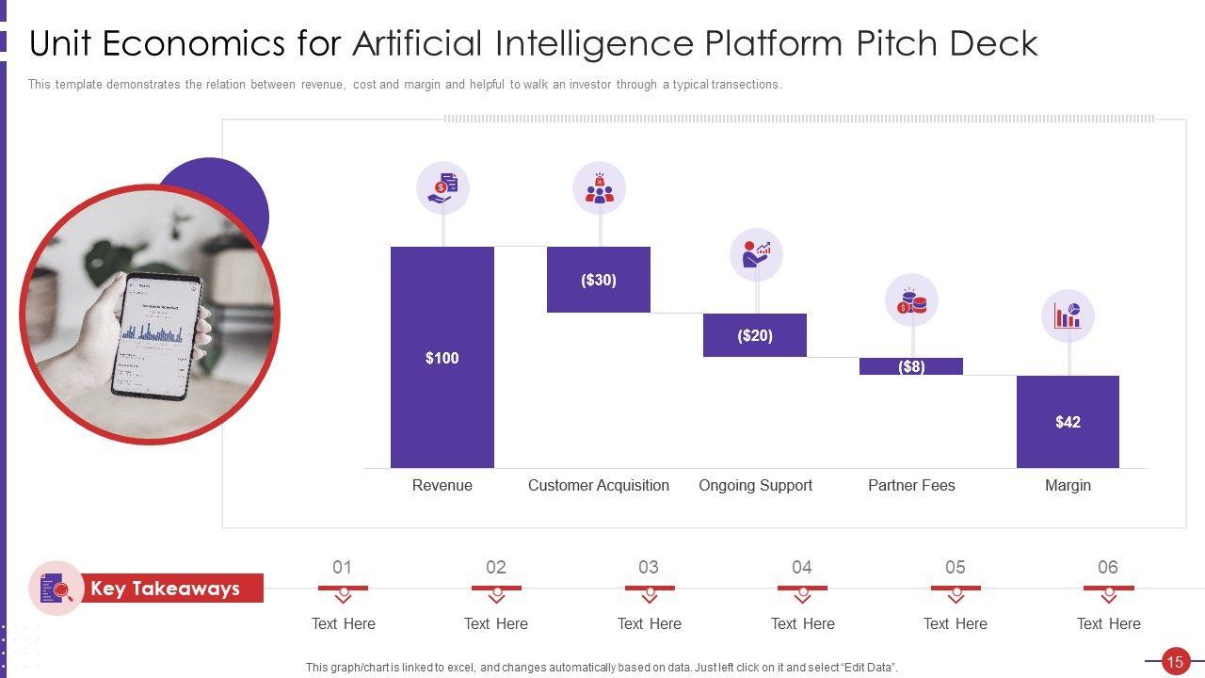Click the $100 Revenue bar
[x=442, y=357]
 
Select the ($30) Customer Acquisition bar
[x=599, y=280]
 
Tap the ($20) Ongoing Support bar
[x=755, y=335]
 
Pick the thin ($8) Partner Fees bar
[x=910, y=366]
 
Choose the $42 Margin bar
[x=1068, y=421]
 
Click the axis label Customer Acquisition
[x=599, y=485]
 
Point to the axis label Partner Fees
[x=911, y=485]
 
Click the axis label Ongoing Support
[x=755, y=485]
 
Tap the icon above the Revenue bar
[x=442, y=187]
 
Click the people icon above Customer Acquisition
[x=599, y=187]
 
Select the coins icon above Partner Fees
[x=911, y=300]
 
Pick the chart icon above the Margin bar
[x=1068, y=315]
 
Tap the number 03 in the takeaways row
[x=649, y=567]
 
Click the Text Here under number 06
[x=1108, y=623]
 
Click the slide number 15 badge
[x=1174, y=662]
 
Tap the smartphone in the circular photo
[x=156, y=334]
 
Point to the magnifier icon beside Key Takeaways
[x=56, y=589]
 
